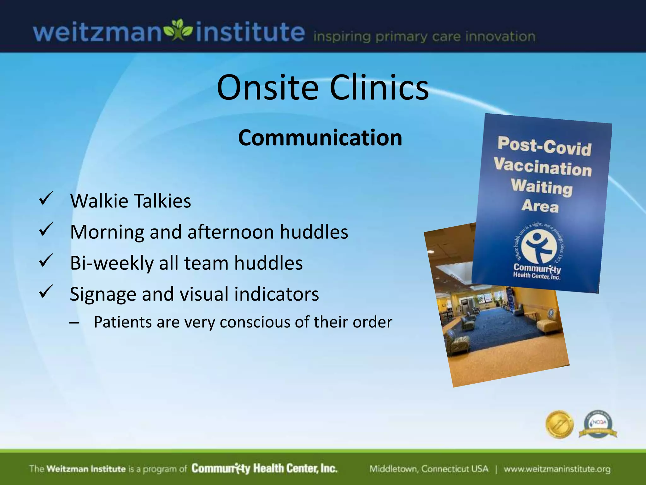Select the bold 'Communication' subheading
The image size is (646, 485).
pos(320,138)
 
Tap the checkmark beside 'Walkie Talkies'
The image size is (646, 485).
pos(46,199)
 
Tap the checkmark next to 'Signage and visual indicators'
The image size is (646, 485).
pos(46,292)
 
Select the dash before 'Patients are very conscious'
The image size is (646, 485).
pos(74,323)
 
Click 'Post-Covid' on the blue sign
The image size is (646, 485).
pos(544,146)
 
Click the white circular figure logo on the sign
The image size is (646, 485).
pos(539,246)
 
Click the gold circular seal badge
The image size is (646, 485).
pos(559,425)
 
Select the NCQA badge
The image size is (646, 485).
pos(598,425)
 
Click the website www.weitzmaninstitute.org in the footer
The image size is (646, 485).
pos(557,469)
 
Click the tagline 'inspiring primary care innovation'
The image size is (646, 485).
pos(424,37)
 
